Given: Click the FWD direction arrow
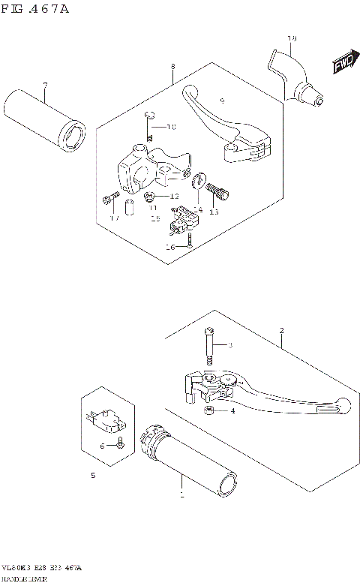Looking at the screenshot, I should point(342,65).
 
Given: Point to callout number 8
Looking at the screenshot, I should point(172,67).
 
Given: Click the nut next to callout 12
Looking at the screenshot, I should point(150,197).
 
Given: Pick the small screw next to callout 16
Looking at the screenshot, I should point(190,240).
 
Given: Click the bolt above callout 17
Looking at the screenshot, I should point(111,199).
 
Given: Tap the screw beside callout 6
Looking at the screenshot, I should point(120,446).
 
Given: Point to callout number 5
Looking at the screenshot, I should point(92,476).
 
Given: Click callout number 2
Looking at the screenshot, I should point(280,331).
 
